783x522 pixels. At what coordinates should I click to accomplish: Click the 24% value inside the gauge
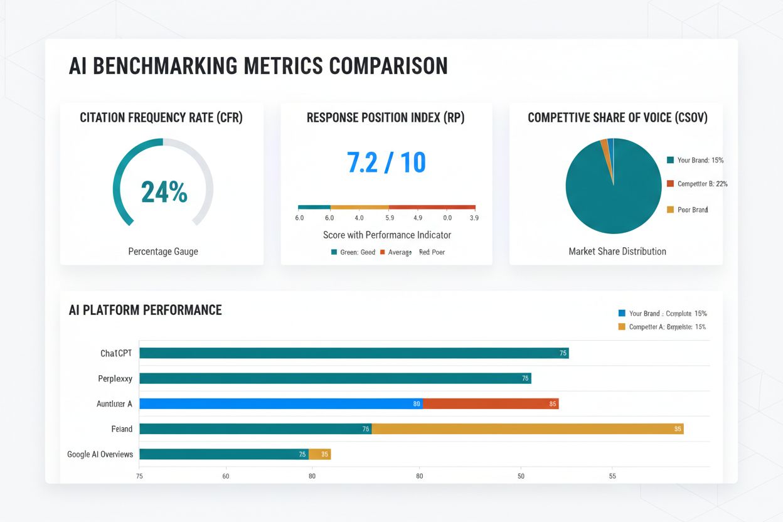coord(164,193)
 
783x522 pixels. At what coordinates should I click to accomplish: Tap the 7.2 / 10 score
coord(386,162)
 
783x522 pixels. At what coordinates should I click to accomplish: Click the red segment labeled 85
coord(491,403)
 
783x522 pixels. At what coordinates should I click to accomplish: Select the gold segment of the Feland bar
coord(527,429)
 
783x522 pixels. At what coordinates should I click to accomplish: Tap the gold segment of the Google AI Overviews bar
coord(319,454)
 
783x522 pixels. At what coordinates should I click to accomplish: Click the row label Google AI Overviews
coord(100,454)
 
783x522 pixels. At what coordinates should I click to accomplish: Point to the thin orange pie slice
coord(605,145)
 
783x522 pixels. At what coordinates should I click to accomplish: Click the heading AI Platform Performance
coord(145,310)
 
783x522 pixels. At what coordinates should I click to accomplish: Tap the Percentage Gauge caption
coord(163,252)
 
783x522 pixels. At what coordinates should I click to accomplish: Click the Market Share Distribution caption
coord(617,252)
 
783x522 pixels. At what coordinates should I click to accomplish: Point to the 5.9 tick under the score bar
coord(389,218)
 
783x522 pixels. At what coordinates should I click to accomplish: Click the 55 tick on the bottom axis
coord(612,476)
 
